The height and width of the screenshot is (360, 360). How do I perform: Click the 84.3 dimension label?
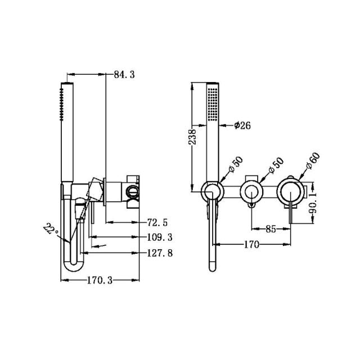coord(124,74)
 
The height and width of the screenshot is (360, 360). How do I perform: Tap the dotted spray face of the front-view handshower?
coord(212,103)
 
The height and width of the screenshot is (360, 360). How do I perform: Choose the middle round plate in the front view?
coord(251,192)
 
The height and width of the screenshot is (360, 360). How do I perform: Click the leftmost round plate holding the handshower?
coord(211,192)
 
